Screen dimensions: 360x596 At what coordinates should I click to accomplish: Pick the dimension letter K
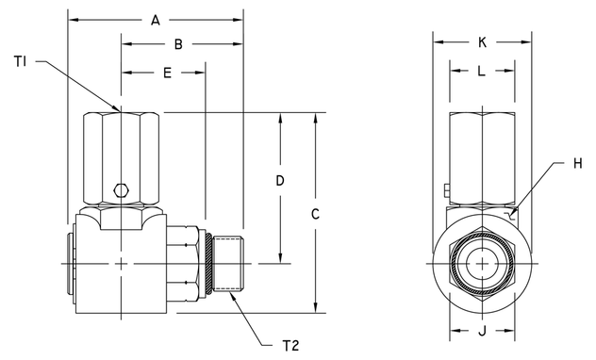[x=483, y=42]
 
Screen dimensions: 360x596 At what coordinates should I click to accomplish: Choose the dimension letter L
[x=483, y=71]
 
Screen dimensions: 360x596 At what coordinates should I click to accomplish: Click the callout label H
[x=578, y=163]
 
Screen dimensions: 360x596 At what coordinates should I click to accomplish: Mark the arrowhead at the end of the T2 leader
[x=229, y=293]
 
